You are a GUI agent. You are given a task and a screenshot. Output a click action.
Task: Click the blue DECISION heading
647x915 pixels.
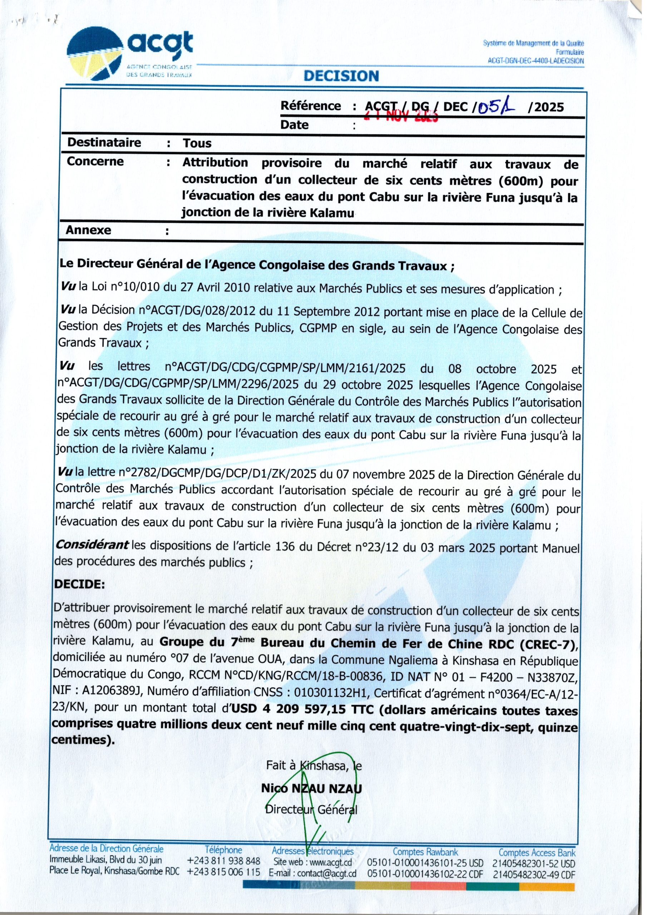tap(341, 76)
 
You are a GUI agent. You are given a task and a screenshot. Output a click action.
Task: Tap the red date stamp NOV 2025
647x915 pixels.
tap(402, 116)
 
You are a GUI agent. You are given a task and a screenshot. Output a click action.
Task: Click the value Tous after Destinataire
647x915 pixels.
tap(197, 143)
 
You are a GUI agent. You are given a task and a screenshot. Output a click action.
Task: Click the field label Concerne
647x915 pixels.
tap(95, 162)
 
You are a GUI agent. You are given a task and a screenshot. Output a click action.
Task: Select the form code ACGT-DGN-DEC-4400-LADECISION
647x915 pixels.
tap(536, 61)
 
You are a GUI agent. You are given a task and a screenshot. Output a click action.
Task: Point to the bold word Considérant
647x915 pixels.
tap(93, 544)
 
